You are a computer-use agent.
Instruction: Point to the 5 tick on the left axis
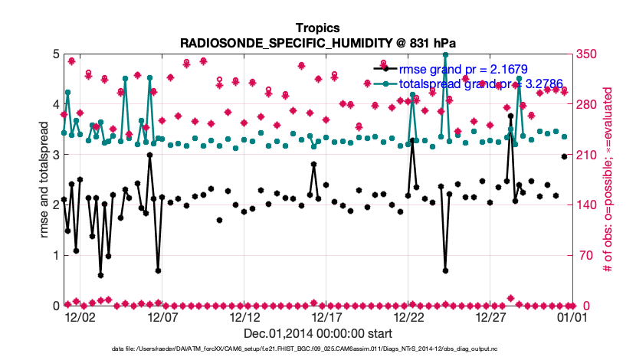(x=55, y=54)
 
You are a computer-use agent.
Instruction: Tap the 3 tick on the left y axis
(x=55, y=155)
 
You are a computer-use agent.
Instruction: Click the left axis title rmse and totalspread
(x=43, y=180)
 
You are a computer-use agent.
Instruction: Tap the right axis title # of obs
(x=608, y=180)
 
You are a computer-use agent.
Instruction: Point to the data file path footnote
(x=317, y=349)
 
